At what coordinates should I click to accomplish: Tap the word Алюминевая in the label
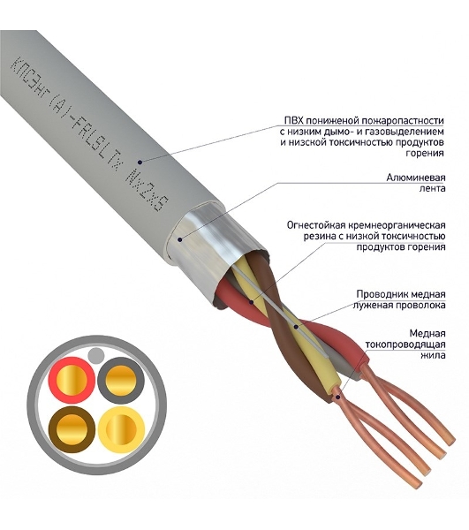pyautogui.click(x=416, y=178)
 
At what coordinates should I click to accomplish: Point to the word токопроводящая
pyautogui.click(x=405, y=345)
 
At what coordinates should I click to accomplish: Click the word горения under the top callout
pyautogui.click(x=425, y=154)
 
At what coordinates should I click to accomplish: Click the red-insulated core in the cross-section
pyautogui.click(x=72, y=380)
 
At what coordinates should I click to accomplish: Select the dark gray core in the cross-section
pyautogui.click(x=121, y=380)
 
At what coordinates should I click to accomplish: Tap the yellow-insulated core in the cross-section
pyautogui.click(x=121, y=429)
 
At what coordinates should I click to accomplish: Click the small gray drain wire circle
pyautogui.click(x=96, y=355)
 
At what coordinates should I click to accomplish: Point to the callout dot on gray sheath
pyautogui.click(x=140, y=163)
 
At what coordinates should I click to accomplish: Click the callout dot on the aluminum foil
pyautogui.click(x=180, y=239)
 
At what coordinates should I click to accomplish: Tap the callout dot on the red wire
pyautogui.click(x=251, y=301)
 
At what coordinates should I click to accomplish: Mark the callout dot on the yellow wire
pyautogui.click(x=296, y=327)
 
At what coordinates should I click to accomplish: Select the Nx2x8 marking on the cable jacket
pyautogui.click(x=147, y=193)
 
